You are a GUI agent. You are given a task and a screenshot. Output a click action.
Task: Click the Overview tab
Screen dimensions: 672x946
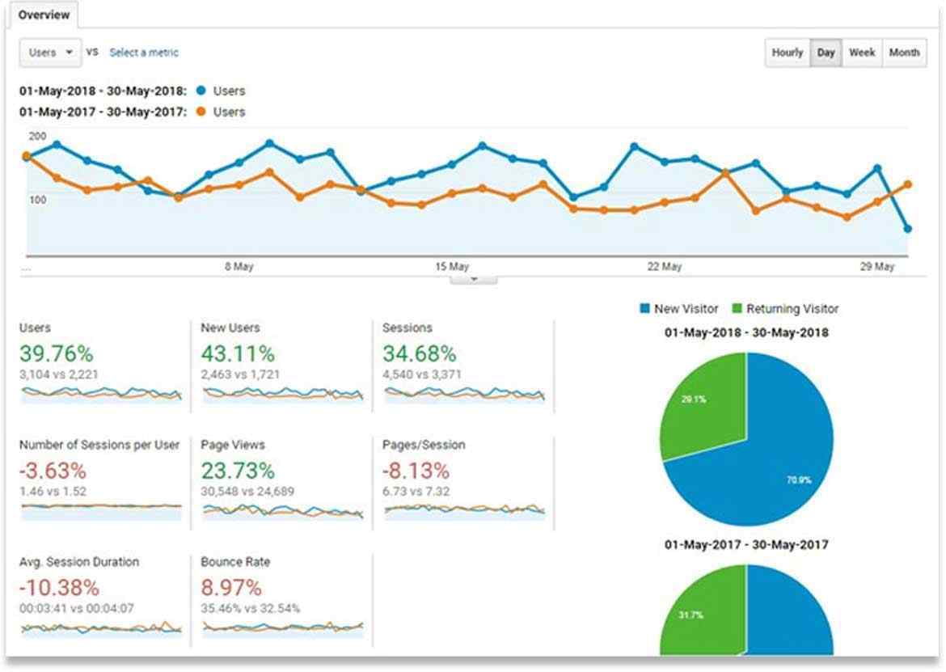click(44, 15)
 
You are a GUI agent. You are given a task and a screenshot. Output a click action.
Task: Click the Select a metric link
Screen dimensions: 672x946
click(144, 53)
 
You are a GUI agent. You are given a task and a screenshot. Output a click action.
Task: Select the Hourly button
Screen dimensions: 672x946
click(787, 53)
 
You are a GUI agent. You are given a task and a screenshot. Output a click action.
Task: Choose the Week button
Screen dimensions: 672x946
click(861, 53)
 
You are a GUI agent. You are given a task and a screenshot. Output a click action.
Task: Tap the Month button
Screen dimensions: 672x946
click(904, 53)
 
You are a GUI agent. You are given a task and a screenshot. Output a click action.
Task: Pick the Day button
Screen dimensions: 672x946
click(826, 53)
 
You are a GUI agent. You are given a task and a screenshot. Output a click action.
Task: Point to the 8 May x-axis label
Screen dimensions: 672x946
click(239, 267)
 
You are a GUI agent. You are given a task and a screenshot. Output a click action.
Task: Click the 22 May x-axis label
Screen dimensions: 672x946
click(665, 267)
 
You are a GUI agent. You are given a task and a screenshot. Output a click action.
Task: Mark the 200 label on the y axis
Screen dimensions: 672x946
click(38, 136)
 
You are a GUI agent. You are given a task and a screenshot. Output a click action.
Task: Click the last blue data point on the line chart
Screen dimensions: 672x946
click(907, 229)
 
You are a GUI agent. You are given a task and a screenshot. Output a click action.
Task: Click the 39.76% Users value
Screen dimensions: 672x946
click(56, 353)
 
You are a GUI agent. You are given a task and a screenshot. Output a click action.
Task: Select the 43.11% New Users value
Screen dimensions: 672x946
click(238, 353)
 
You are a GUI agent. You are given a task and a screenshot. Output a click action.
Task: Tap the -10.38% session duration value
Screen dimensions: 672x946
click(59, 587)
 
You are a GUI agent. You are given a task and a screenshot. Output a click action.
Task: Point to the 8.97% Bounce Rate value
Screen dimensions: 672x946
click(231, 587)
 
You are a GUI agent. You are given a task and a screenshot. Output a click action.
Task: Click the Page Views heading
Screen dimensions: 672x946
click(233, 445)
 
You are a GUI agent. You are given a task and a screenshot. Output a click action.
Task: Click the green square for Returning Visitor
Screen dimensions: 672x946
click(737, 308)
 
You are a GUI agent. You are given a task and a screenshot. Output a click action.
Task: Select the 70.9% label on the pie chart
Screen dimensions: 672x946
click(799, 480)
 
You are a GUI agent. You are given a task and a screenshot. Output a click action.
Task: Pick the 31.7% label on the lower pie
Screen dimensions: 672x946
click(695, 615)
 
